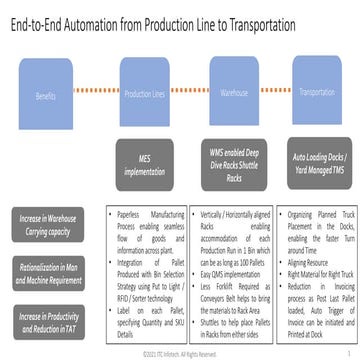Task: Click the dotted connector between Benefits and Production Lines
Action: point(95,88)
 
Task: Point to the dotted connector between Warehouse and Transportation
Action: point(279,88)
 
